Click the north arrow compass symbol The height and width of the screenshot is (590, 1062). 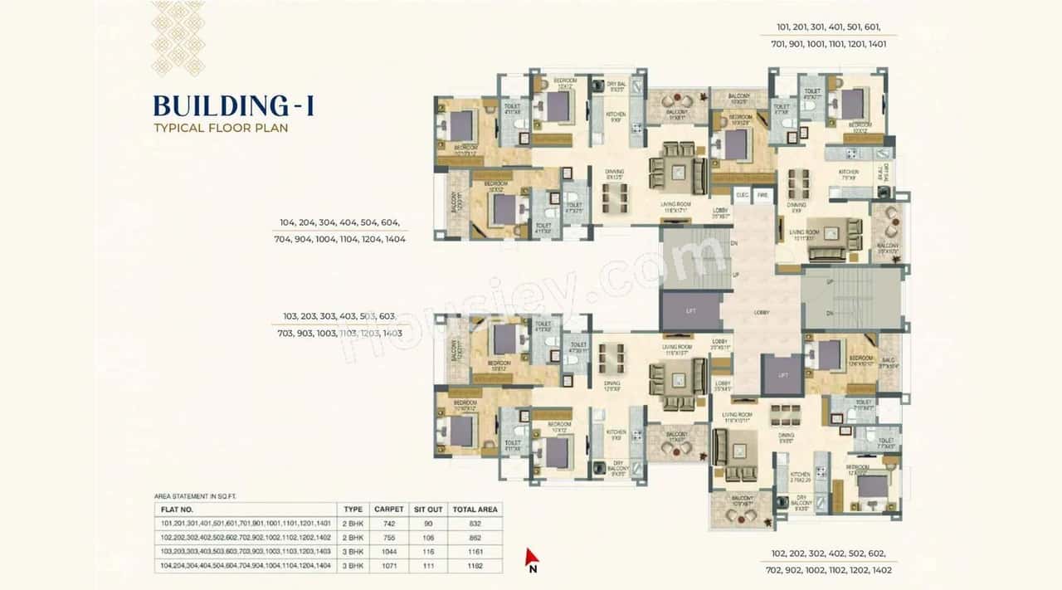533,558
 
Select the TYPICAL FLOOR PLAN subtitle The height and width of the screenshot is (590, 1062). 221,129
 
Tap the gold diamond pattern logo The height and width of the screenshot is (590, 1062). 178,39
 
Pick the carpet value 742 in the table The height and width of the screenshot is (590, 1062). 388,524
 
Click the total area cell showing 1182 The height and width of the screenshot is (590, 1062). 474,566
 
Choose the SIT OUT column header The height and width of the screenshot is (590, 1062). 429,509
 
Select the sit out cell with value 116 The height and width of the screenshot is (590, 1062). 429,552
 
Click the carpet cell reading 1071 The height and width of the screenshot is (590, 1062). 388,566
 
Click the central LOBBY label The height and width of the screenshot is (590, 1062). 762,313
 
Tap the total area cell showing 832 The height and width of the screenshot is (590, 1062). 474,524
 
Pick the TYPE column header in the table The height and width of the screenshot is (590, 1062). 353,509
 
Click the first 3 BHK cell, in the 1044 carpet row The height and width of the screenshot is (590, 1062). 353,552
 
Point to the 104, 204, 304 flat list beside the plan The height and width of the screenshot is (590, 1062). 342,230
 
